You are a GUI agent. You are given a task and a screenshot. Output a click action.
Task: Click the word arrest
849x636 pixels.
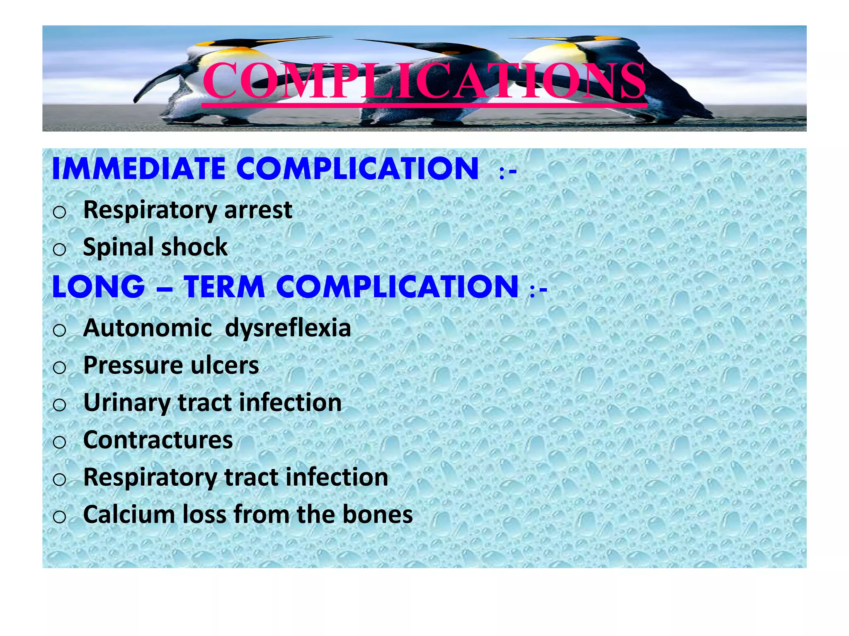[x=258, y=210]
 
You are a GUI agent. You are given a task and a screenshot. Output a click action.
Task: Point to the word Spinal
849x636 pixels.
[x=118, y=247]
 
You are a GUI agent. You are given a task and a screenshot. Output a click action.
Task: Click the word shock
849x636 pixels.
[x=194, y=247]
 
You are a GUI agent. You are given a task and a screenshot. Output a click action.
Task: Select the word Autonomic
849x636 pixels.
[x=148, y=328]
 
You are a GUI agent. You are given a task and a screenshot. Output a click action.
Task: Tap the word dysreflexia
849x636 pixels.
[x=288, y=328]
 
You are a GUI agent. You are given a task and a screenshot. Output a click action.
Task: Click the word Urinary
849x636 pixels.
[x=126, y=402]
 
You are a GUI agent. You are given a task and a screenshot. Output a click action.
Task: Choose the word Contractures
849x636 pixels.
[x=158, y=440]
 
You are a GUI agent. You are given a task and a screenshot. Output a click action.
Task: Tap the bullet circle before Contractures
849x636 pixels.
[x=60, y=442]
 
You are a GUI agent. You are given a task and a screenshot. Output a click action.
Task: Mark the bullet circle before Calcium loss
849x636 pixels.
[x=60, y=516]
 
